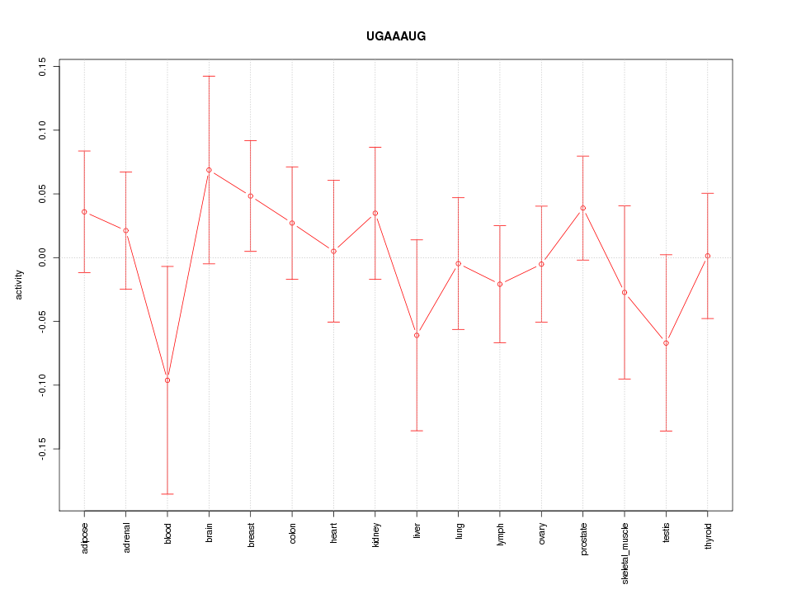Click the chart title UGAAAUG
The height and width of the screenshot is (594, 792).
point(396,36)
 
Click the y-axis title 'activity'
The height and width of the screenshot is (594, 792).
point(19,285)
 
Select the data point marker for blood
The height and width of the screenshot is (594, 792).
point(167,380)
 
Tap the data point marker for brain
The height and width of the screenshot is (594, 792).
point(209,170)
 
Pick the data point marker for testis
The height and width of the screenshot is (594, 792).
point(666,343)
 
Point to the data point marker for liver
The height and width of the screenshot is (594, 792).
point(417,335)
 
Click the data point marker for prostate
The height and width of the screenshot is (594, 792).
point(583,208)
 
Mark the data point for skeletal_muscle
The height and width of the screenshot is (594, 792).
point(625,292)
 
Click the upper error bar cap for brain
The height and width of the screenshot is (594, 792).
point(209,76)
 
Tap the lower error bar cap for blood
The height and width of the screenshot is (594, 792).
point(167,493)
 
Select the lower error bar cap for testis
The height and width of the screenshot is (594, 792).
point(666,431)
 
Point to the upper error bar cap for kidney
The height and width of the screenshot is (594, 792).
point(375,147)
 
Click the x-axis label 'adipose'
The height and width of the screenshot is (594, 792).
point(84,536)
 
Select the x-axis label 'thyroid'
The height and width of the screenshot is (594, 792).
point(708,535)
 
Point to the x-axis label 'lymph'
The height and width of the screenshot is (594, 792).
point(500,533)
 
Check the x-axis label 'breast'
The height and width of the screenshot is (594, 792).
point(251,534)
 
